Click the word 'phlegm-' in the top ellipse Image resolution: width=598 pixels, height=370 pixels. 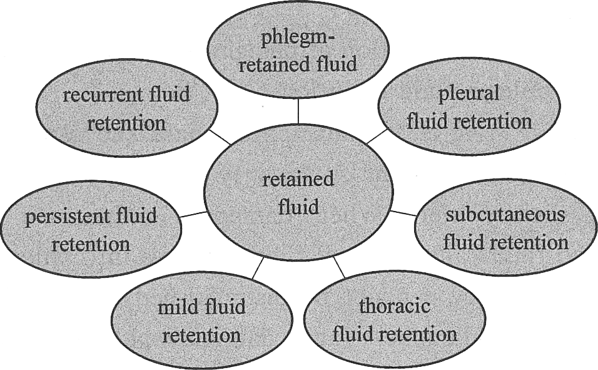click(298, 39)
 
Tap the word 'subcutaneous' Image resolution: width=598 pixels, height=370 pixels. click(505, 214)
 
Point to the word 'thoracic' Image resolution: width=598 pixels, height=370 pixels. click(395, 306)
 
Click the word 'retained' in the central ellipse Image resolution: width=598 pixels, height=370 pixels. click(298, 178)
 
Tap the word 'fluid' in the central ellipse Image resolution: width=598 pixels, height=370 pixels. click(298, 207)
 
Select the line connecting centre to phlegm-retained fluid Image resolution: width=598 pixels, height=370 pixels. click(298, 111)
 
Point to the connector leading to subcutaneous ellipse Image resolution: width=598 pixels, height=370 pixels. click(403, 213)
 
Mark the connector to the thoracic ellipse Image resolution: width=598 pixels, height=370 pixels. click(339, 267)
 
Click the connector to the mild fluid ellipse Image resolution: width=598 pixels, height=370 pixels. click(258, 268)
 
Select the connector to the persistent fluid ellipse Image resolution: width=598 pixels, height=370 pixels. click(193, 214)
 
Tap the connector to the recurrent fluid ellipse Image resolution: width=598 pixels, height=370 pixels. click(220, 136)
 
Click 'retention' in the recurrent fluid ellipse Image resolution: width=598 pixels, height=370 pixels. click(126, 123)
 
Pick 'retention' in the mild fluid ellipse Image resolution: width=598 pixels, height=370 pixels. click(201, 335)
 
